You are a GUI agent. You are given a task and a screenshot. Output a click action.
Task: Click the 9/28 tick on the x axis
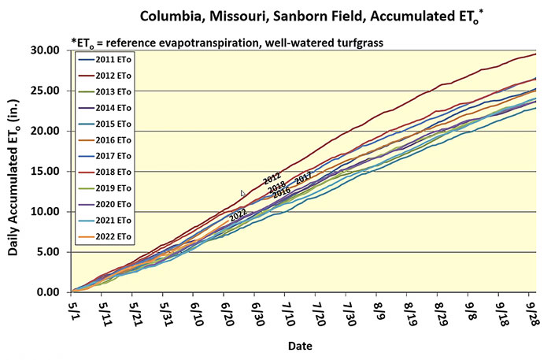coord(531,310)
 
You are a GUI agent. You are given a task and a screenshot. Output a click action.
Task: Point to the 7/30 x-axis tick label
coord(348,310)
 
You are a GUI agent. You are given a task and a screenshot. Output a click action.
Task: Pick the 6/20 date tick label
coord(227,310)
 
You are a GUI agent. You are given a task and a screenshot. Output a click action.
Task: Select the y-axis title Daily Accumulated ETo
coord(17,172)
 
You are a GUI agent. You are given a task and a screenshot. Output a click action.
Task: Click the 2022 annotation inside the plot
coord(238,213)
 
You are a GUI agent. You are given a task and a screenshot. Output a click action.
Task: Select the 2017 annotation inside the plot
coord(303,178)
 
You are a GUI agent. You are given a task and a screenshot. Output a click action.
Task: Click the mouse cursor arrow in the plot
coord(243,194)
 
